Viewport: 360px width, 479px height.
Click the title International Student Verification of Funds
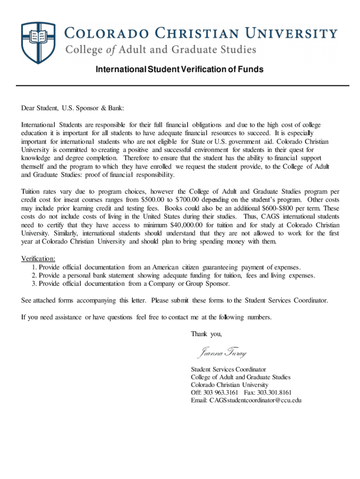click(180, 70)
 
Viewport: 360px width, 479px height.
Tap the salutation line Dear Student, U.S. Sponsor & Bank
click(72, 109)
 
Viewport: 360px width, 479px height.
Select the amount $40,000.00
click(187, 225)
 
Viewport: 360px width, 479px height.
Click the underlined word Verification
click(38, 259)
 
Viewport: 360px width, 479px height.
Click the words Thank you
click(206, 334)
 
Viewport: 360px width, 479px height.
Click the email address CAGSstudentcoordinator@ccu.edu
click(246, 400)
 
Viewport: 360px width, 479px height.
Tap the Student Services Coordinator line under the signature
click(228, 369)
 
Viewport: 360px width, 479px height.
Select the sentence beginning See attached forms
click(174, 300)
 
